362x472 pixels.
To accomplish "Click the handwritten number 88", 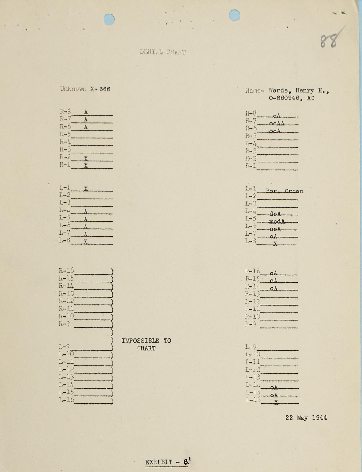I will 329,41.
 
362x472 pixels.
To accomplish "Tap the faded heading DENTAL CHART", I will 163,52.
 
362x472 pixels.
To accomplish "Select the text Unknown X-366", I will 85,89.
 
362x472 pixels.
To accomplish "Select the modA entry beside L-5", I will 277,221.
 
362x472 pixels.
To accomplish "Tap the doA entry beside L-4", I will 275,214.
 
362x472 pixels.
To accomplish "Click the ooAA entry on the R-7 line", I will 276,124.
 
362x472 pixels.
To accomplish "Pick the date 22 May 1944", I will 306,418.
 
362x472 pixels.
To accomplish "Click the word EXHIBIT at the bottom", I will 159,462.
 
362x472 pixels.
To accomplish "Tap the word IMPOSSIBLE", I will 140,341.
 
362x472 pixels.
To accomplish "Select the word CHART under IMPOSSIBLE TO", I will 146,348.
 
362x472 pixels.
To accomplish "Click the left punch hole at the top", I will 109,19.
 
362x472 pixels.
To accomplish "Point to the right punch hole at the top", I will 234,15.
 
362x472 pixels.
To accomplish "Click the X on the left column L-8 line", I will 86,242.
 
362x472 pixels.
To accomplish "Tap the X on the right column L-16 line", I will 276,402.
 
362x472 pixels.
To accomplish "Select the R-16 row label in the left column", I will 66,271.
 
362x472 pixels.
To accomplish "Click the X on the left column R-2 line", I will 86,159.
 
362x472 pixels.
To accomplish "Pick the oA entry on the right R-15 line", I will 274,281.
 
